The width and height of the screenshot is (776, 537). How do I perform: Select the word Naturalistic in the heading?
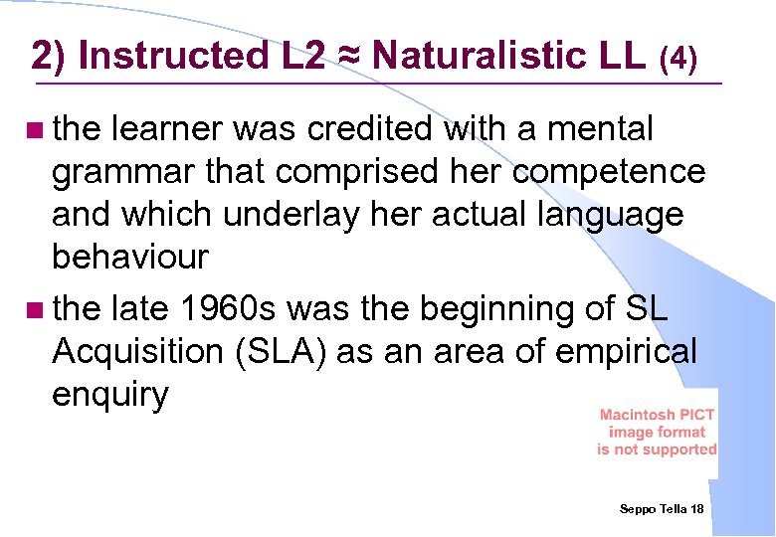tap(485, 56)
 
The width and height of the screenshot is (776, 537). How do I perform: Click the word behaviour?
tap(129, 258)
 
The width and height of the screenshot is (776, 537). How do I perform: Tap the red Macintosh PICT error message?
tap(657, 432)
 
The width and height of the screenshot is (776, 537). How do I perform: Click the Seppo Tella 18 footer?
tap(662, 508)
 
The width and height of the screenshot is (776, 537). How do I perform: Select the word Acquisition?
tap(136, 352)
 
